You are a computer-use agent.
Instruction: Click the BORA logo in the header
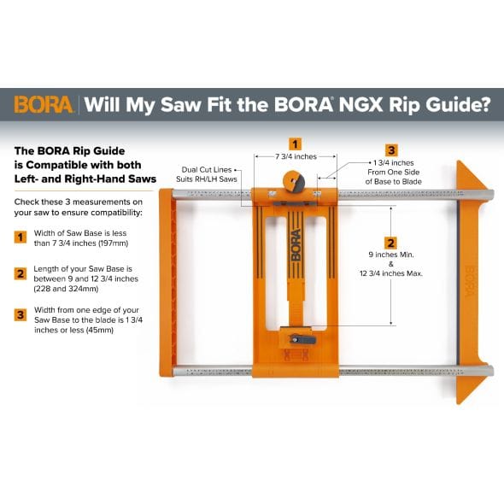(44, 106)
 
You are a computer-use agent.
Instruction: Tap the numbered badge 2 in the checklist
(20, 274)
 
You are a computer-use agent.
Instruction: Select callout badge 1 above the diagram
(295, 144)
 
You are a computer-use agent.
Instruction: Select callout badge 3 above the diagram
(391, 149)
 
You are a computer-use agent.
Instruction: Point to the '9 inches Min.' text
(391, 254)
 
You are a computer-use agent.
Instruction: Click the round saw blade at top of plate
(295, 183)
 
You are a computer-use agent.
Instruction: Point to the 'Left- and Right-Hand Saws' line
(85, 179)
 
